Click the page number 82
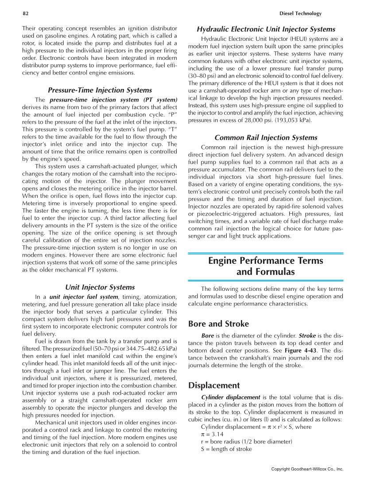click(x=26, y=14)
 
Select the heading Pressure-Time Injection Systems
click(x=100, y=90)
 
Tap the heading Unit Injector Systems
click(x=100, y=287)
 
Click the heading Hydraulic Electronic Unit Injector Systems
click(x=266, y=29)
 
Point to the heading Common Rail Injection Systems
click(x=266, y=137)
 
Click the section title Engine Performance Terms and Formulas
click(x=266, y=266)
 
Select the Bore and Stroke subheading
click(x=218, y=324)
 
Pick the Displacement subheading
click(x=214, y=385)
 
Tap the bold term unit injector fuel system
click(x=84, y=297)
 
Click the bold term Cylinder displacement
click(x=231, y=397)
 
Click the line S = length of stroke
click(x=226, y=449)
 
